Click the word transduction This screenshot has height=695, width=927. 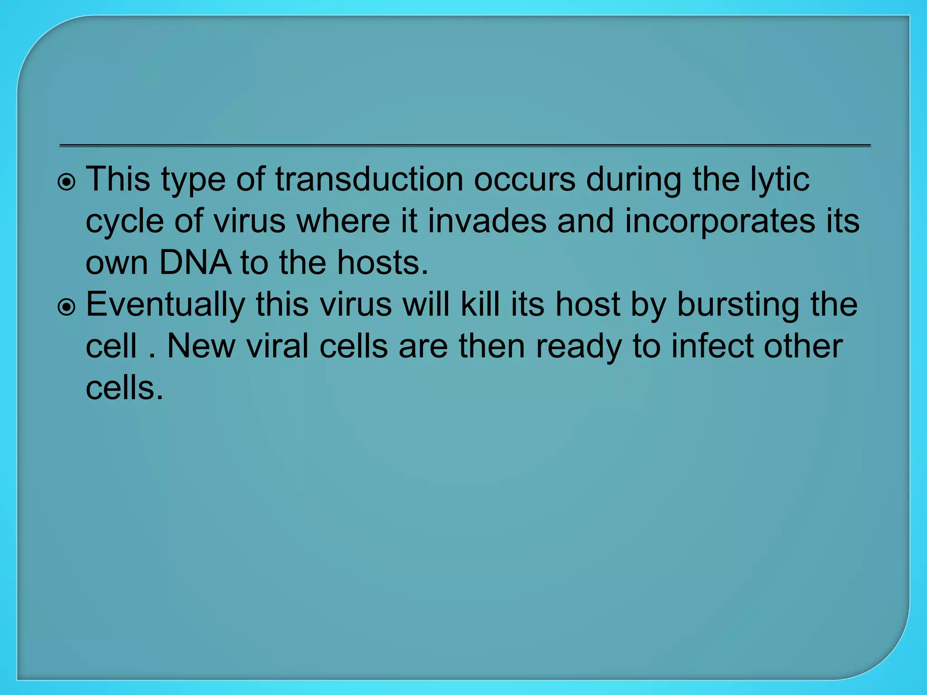click(x=369, y=180)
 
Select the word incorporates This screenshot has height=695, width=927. click(x=720, y=221)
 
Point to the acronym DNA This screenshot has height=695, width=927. click(x=195, y=263)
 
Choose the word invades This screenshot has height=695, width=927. click(x=487, y=221)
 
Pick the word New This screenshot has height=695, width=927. click(x=201, y=347)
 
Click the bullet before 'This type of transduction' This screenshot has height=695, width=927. click(x=67, y=183)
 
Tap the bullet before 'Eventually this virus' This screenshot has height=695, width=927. click(x=67, y=308)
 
